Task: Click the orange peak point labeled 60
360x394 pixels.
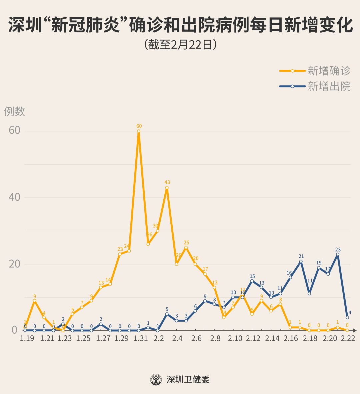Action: point(139,131)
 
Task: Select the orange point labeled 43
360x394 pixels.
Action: point(167,188)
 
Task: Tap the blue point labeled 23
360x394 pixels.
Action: point(338,254)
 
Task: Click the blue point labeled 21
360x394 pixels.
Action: point(301,261)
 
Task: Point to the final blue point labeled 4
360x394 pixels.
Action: point(347,317)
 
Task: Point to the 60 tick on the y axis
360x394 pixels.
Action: point(15,130)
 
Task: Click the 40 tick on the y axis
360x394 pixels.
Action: point(15,197)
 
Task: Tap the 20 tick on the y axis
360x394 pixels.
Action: point(15,264)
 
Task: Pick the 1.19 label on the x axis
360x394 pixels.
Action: point(27,338)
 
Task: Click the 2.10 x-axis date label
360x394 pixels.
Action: point(235,338)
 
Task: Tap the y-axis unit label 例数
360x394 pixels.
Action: point(15,111)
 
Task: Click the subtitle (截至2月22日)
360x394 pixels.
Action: point(180,45)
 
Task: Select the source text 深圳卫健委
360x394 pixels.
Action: point(188,379)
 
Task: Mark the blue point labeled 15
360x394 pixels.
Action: point(252,281)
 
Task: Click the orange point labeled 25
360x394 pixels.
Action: point(186,247)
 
